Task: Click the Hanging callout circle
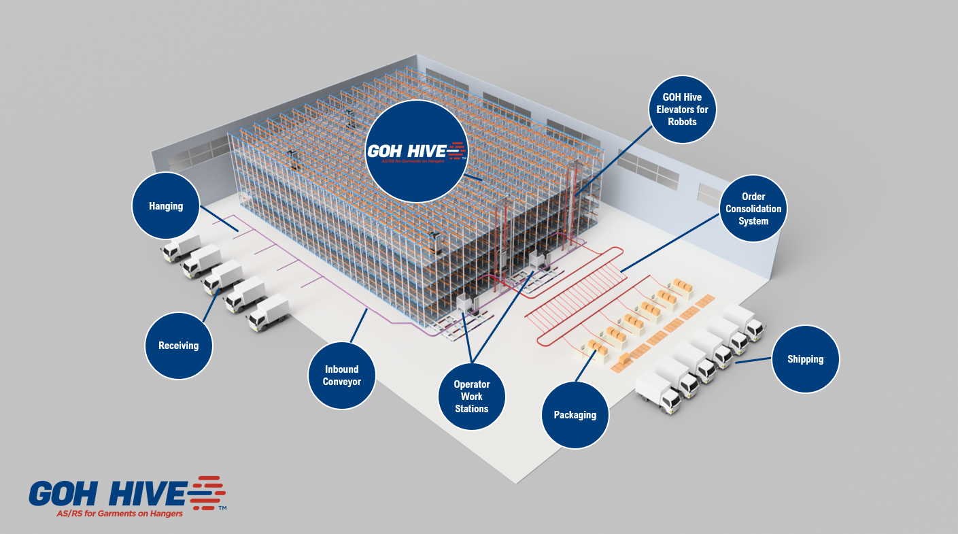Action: [x=166, y=205]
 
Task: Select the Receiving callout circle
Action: [x=179, y=346]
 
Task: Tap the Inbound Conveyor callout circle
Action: [x=341, y=376]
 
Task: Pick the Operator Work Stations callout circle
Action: [x=471, y=397]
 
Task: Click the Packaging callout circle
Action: [x=575, y=415]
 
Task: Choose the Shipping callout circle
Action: [x=805, y=359]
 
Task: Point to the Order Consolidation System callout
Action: [x=753, y=209]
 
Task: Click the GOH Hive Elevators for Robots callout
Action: [x=682, y=110]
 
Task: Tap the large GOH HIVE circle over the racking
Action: [x=416, y=151]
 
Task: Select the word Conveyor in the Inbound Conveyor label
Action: [x=341, y=382]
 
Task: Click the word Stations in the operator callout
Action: [x=472, y=409]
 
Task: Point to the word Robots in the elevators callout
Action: [x=682, y=122]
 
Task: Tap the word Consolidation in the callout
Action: [x=753, y=209]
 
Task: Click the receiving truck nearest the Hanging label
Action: [x=182, y=248]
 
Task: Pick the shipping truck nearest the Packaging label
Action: [x=658, y=391]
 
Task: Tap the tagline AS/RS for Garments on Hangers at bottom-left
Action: [x=120, y=514]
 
